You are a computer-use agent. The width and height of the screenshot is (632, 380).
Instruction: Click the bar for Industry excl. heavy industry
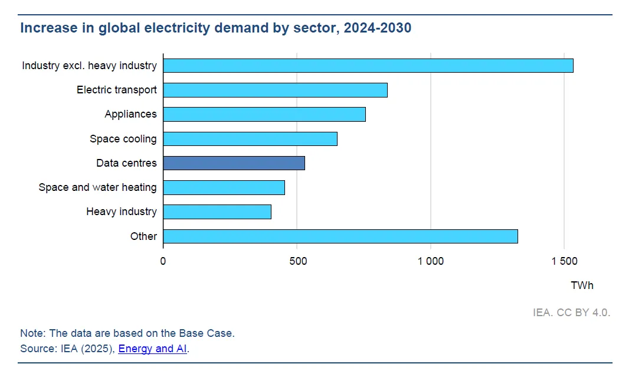(368, 66)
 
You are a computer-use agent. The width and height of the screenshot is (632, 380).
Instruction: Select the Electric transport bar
(276, 90)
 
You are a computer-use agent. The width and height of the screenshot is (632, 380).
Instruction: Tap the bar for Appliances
(264, 114)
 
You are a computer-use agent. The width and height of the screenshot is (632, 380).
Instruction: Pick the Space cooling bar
(250, 139)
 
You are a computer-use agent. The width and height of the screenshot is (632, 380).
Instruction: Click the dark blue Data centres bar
(234, 163)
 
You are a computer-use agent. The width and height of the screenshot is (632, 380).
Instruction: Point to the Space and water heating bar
(224, 187)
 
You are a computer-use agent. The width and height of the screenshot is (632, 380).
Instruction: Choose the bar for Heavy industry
(217, 212)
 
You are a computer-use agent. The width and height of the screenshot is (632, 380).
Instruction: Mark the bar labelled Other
(340, 236)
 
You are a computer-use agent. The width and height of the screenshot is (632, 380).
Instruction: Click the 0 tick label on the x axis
(163, 261)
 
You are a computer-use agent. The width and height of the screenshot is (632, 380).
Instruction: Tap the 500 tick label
(298, 261)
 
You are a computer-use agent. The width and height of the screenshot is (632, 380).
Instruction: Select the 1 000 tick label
(430, 261)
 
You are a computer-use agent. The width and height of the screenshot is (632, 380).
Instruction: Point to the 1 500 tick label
(564, 261)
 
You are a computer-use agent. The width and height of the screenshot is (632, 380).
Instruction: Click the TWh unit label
(582, 285)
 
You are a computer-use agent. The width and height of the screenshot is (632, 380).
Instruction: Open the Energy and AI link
(152, 349)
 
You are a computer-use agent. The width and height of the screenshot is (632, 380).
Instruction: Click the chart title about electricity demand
(215, 28)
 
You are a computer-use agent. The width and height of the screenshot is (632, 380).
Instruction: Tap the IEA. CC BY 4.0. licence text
(572, 313)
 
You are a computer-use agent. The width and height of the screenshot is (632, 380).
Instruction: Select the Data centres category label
(126, 163)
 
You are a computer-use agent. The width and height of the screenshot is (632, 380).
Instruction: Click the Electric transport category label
(116, 90)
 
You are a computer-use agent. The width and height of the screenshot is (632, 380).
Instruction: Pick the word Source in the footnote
(38, 349)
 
